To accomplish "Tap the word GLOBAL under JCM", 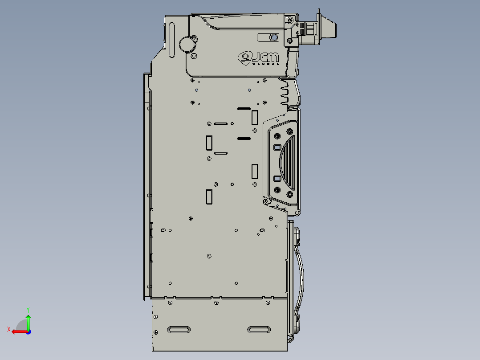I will coord(266,64).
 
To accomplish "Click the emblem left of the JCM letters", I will coord(245,57).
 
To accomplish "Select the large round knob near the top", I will coord(187,43).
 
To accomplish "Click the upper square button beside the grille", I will coord(277,147).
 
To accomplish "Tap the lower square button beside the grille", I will coord(277,179).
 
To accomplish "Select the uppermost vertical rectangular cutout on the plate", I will coord(255,117).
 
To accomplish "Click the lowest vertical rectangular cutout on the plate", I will coord(209,196).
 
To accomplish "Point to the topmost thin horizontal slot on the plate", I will coord(243,108).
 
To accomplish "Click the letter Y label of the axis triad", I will coord(28,309).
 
